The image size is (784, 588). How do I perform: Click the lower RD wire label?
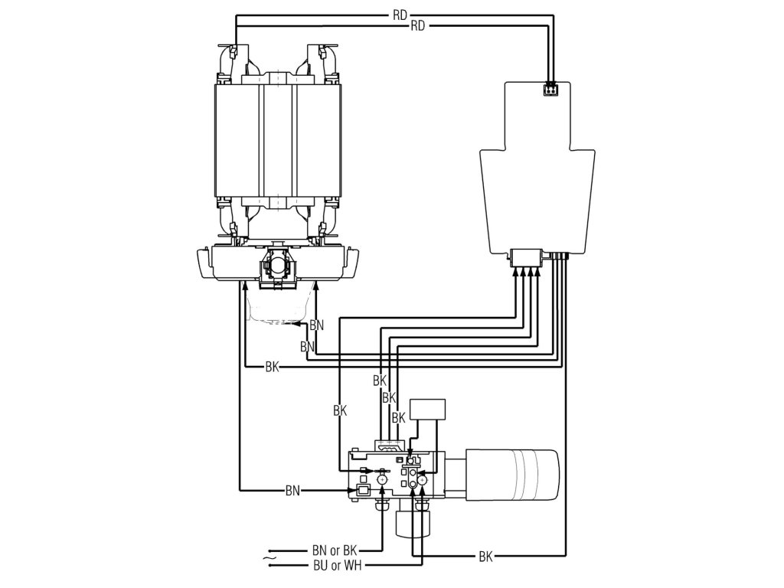click(x=418, y=26)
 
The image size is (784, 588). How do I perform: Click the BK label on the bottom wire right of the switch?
click(x=485, y=557)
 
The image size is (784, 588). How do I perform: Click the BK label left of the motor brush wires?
click(x=272, y=367)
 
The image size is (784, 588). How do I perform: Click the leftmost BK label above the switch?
click(x=341, y=410)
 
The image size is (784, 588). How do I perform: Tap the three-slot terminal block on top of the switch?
click(x=390, y=445)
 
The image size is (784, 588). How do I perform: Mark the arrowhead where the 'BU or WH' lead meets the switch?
click(x=420, y=495)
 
